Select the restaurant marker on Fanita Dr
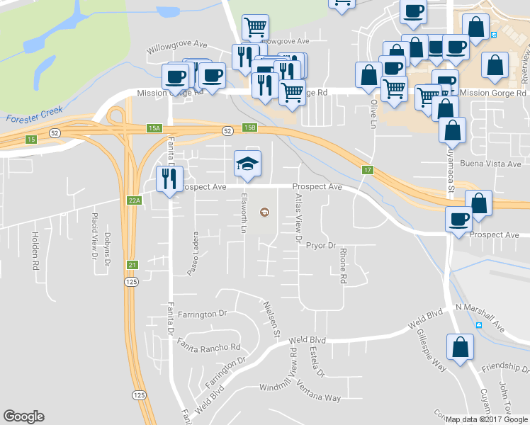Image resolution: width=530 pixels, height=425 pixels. (169, 180)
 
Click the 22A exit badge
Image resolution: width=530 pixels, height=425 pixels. (135, 201)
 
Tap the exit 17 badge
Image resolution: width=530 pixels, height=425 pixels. (367, 169)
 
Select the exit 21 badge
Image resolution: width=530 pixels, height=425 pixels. (132, 265)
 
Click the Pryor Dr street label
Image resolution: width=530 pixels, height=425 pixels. (320, 246)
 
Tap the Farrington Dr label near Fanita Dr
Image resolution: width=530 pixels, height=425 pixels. (201, 312)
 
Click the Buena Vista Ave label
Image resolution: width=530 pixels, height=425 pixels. (497, 164)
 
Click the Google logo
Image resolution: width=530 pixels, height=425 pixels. (23, 416)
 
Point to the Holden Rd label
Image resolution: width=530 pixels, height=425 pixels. (34, 252)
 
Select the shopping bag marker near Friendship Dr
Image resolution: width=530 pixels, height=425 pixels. (460, 348)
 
